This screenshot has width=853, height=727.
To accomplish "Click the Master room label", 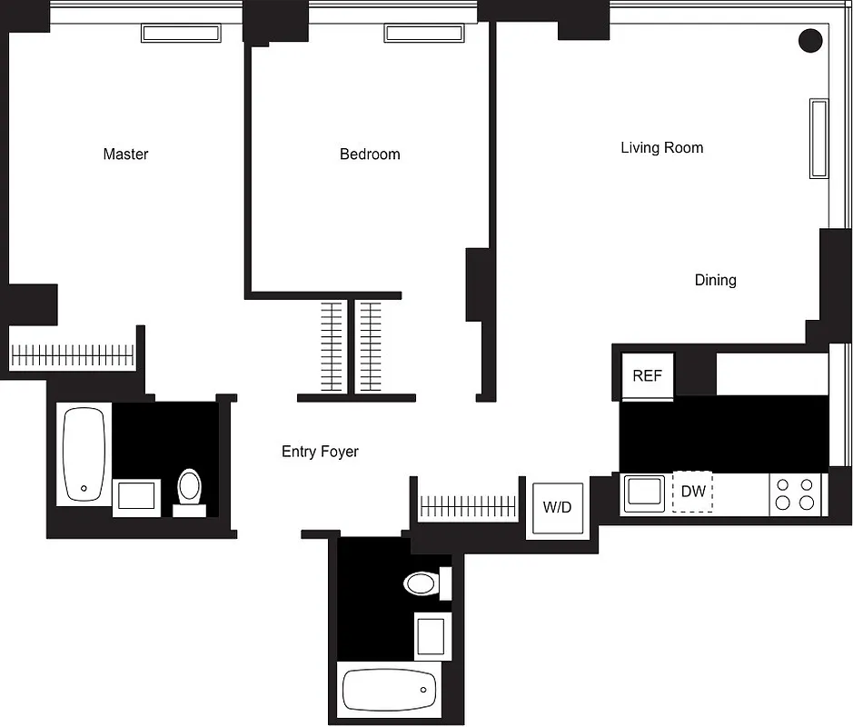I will (125, 154).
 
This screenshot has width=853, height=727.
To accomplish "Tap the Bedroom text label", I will (370, 154).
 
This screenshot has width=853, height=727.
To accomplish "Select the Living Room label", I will (661, 147).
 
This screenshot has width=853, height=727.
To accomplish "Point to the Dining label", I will (715, 280).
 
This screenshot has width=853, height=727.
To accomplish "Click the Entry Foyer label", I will (320, 452).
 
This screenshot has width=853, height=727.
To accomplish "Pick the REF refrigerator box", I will (647, 374).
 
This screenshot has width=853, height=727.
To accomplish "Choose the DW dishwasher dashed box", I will (693, 492).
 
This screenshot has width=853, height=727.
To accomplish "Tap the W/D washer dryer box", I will (557, 507).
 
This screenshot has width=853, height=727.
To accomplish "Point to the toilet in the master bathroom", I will (189, 488).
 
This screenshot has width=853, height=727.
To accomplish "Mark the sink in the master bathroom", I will (136, 497).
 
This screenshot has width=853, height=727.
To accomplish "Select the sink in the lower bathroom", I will (432, 635).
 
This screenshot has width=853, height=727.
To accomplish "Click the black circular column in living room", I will (809, 40).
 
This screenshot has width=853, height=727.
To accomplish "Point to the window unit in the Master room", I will (181, 34).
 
